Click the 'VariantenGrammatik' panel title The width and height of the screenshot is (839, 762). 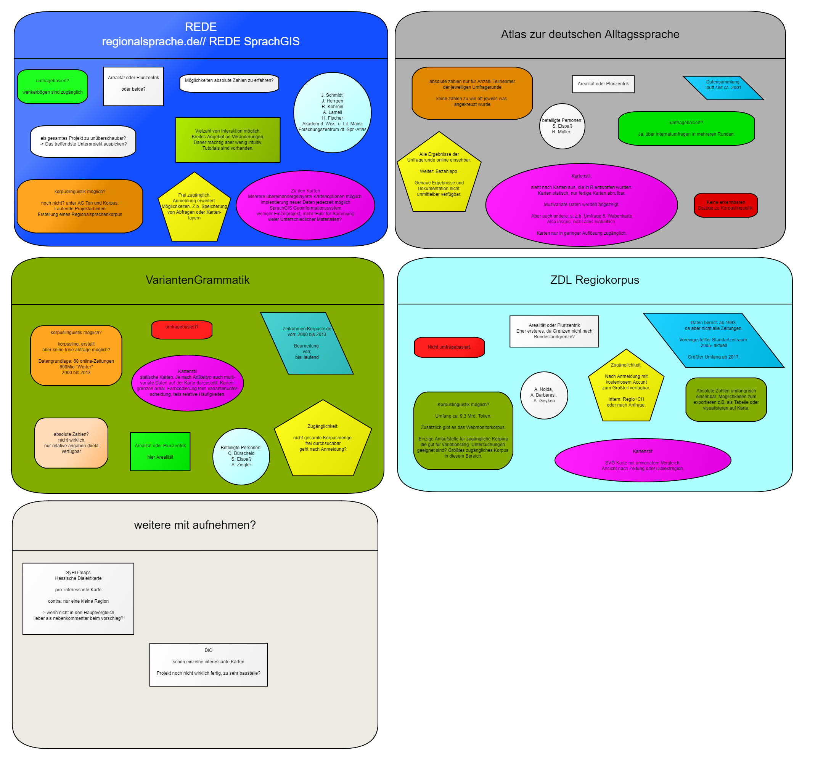pos(198,280)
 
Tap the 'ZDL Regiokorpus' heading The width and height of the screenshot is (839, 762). pos(595,280)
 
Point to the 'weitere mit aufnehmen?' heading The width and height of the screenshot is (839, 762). pos(195,525)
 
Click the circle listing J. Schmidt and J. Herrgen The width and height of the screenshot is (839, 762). pos(332,113)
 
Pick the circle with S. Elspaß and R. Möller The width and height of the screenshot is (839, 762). pos(562,126)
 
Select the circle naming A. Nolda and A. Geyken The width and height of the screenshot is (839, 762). pos(544,395)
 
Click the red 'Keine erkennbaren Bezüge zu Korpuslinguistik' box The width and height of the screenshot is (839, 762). pos(725,205)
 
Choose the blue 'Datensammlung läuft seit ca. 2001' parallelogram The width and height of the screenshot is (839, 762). pos(723,88)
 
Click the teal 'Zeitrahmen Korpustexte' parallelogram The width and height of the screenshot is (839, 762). pos(307,343)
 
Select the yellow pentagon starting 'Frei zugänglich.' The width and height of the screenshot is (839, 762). pos(194,208)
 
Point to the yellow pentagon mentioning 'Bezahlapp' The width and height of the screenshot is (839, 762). pos(439,174)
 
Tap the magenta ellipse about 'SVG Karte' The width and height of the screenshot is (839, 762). pos(643,460)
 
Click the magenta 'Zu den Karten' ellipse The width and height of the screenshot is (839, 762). pos(305,205)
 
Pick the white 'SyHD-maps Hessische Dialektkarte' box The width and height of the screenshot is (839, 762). pos(78,599)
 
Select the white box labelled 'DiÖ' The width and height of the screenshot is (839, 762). pos(209,665)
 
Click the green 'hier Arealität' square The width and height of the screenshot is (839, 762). pos(160,451)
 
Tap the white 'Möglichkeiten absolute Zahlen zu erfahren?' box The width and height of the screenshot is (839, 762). pos(229,83)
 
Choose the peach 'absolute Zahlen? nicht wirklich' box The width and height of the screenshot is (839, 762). pos(71,443)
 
